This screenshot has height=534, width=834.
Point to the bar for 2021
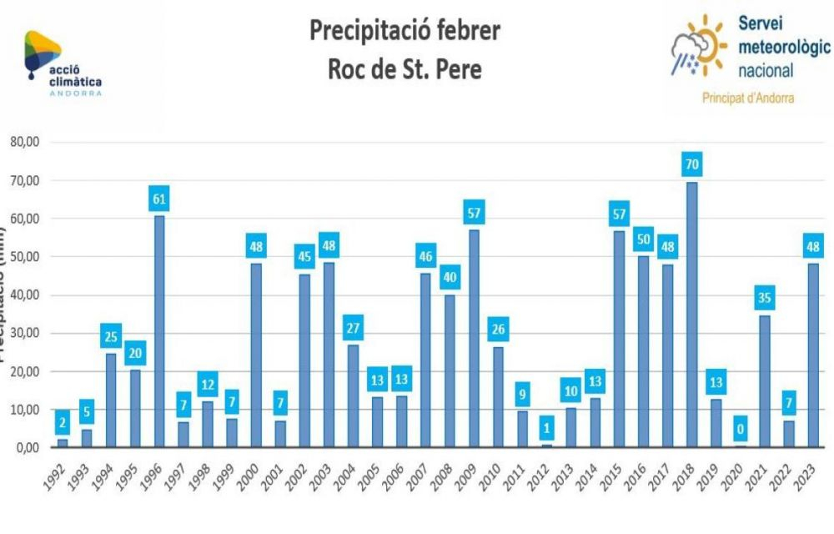coord(764,380)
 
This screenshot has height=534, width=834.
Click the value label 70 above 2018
coord(691,164)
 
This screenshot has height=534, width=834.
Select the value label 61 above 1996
coord(159,199)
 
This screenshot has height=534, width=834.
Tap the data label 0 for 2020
coord(740,430)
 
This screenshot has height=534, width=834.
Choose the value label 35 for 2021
coord(764,297)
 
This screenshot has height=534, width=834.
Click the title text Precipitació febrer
coord(405,31)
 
